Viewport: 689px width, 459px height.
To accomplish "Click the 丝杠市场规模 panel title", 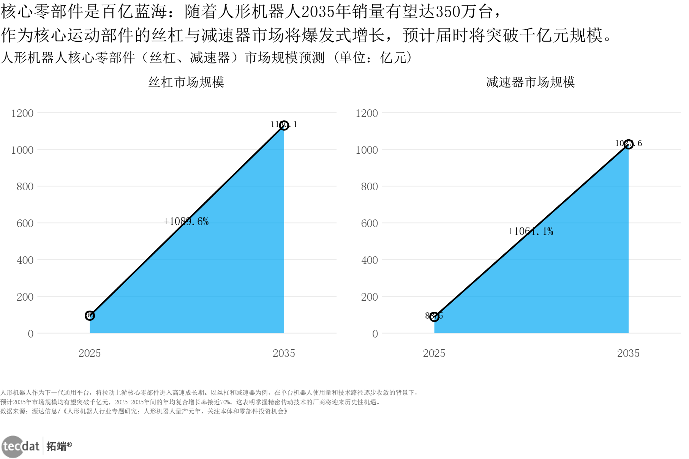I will (186, 82).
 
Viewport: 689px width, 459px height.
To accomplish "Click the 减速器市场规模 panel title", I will (530, 82).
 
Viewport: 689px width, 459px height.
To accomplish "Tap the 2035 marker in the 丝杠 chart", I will (284, 125).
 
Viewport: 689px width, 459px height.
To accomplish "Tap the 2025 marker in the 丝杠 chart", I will (90, 315).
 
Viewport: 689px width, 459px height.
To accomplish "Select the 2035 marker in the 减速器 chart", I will (628, 144).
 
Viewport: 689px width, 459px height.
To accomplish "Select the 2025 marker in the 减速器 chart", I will (434, 316).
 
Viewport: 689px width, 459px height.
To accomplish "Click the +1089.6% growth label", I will (186, 221).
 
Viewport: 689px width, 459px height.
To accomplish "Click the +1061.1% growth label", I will (530, 231).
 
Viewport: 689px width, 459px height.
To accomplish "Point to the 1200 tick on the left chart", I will (22, 113).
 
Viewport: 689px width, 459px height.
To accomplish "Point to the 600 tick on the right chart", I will (369, 223).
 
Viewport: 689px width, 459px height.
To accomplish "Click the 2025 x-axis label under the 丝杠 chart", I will (90, 353).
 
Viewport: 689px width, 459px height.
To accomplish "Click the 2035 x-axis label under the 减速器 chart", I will (628, 353).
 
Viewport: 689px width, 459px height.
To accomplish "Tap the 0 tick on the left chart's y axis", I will (30, 334).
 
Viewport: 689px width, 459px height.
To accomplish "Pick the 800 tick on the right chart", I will (369, 186).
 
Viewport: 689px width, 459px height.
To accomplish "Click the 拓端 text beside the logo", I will (56, 446).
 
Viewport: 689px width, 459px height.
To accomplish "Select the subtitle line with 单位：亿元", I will (207, 58).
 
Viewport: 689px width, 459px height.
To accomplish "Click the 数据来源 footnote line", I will (144, 411).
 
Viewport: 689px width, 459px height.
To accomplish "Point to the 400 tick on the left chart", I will (25, 260).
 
